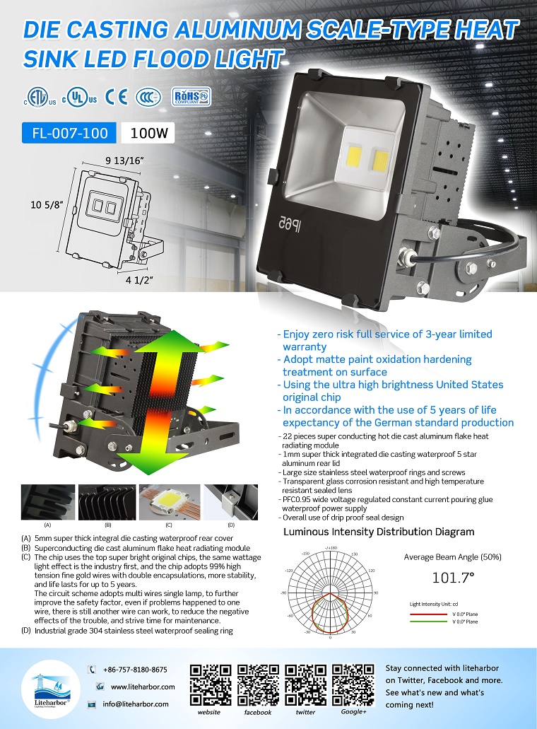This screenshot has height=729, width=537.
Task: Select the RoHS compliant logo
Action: (x=191, y=97)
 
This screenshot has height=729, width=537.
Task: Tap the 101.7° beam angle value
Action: (x=452, y=578)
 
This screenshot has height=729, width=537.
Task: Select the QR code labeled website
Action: (x=211, y=684)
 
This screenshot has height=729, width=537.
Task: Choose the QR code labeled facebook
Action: (x=258, y=684)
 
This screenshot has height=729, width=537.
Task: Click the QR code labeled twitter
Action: (x=305, y=684)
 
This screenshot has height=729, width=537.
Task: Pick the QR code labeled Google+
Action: (x=353, y=684)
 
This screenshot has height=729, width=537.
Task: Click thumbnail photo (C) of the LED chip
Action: (x=169, y=502)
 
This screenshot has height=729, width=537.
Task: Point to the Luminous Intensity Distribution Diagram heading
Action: (x=379, y=532)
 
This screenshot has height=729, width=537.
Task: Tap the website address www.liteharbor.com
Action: (x=142, y=687)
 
